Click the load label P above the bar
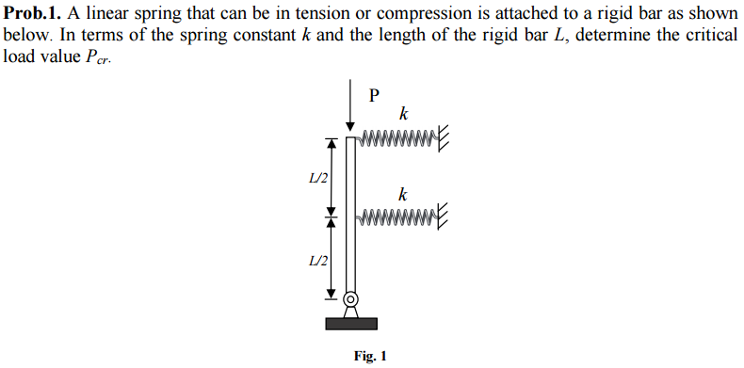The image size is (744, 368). tap(374, 94)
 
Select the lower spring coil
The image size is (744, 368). tap(396, 221)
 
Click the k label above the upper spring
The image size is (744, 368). tap(403, 115)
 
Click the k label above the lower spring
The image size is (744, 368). tap(403, 195)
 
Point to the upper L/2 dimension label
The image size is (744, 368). tap(318, 179)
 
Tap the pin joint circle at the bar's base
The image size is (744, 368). tap(351, 300)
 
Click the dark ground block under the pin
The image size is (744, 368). tap(351, 324)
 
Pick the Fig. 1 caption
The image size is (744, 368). tap(370, 356)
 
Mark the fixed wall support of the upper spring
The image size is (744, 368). tap(444, 140)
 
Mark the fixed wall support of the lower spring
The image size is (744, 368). tap(444, 220)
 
